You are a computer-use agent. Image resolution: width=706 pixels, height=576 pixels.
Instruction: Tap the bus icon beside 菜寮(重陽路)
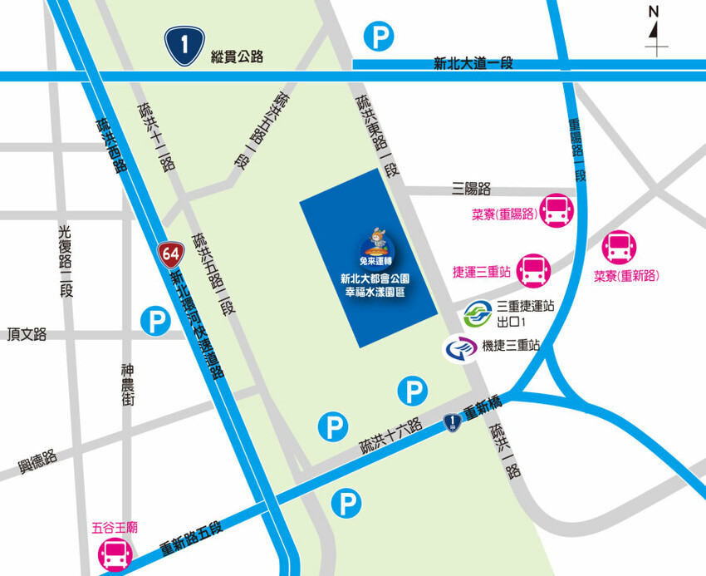tap(554, 211)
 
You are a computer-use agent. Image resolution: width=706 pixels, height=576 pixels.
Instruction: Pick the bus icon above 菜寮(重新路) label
tap(620, 246)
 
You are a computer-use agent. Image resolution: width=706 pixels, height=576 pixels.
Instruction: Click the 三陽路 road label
tap(472, 189)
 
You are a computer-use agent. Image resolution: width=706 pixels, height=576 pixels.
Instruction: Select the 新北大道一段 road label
tap(473, 63)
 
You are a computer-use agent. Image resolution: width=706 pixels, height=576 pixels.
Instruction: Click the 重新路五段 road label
tap(192, 539)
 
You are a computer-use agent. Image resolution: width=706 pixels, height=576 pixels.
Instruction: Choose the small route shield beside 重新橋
tap(452, 423)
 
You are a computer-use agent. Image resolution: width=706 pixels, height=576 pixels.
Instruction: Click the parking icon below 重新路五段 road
tap(347, 503)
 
